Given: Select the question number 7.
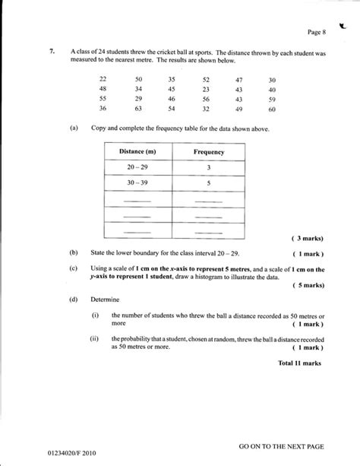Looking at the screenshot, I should (52, 52).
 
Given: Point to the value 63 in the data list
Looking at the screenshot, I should (138, 109).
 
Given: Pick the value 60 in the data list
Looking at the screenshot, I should (272, 109).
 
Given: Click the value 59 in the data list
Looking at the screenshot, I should (272, 99).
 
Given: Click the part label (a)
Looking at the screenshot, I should (73, 129).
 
